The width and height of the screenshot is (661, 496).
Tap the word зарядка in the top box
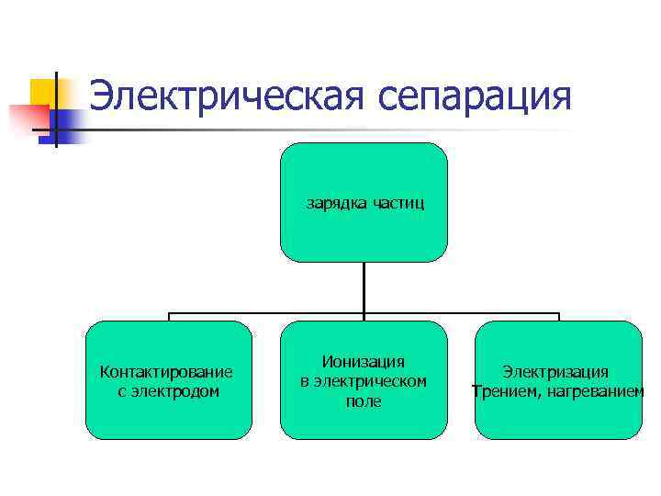[x=337, y=202]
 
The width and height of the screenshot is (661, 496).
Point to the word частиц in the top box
[x=399, y=202]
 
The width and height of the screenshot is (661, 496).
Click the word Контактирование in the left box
[x=166, y=372]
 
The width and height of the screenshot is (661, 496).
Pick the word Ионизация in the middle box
[x=364, y=363]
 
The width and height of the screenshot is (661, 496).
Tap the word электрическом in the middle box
[x=372, y=381]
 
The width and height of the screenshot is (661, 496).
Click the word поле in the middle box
[x=364, y=401]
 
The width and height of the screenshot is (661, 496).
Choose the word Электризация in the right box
[x=555, y=372]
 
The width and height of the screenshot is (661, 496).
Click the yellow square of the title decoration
[x=44, y=92]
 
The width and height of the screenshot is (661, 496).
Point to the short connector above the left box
[x=169, y=317]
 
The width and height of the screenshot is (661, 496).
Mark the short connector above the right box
[x=558, y=317]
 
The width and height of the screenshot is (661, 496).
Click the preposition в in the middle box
[x=306, y=381]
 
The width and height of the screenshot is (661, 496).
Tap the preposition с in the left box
[x=123, y=391]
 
